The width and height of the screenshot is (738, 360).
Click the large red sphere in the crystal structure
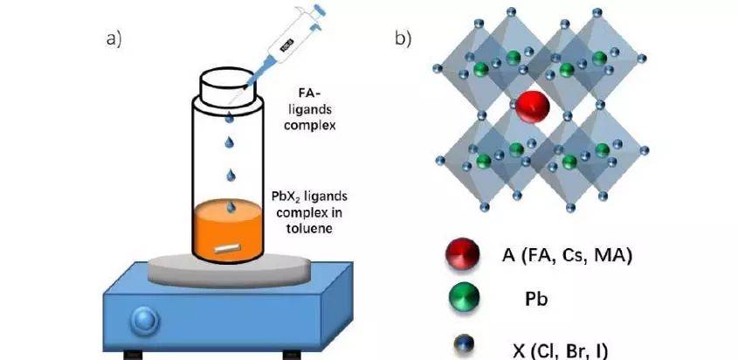coord(532,108)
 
